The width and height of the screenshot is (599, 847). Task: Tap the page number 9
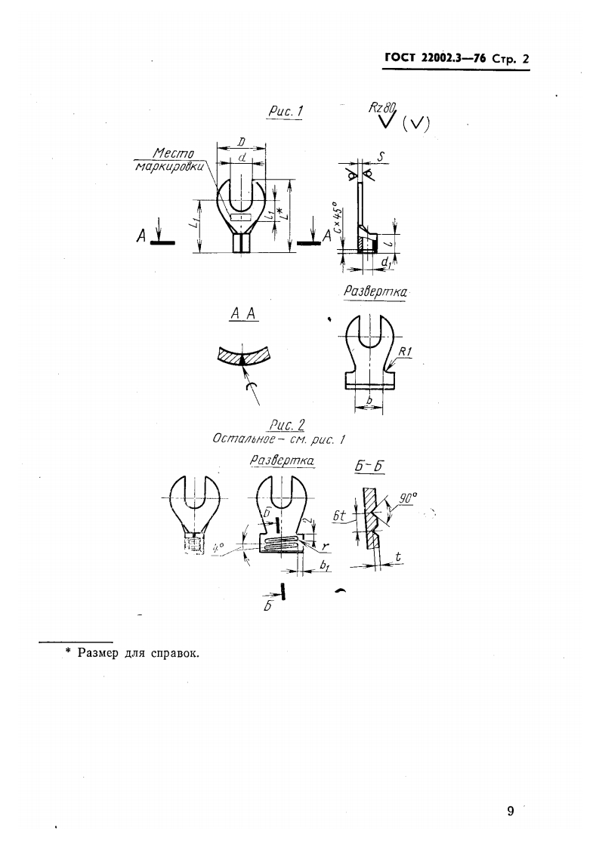click(511, 812)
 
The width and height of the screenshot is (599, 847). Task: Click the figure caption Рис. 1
click(286, 112)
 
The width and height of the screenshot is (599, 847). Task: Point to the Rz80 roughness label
click(383, 106)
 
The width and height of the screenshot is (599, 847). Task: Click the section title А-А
click(242, 317)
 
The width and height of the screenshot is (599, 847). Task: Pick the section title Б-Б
click(370, 467)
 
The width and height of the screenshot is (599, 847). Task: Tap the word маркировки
click(170, 168)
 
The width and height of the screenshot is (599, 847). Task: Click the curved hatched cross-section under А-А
click(242, 357)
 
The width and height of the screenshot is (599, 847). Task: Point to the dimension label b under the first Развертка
click(369, 399)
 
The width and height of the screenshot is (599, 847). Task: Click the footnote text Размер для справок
click(139, 653)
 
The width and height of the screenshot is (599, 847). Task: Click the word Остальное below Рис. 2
click(239, 439)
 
